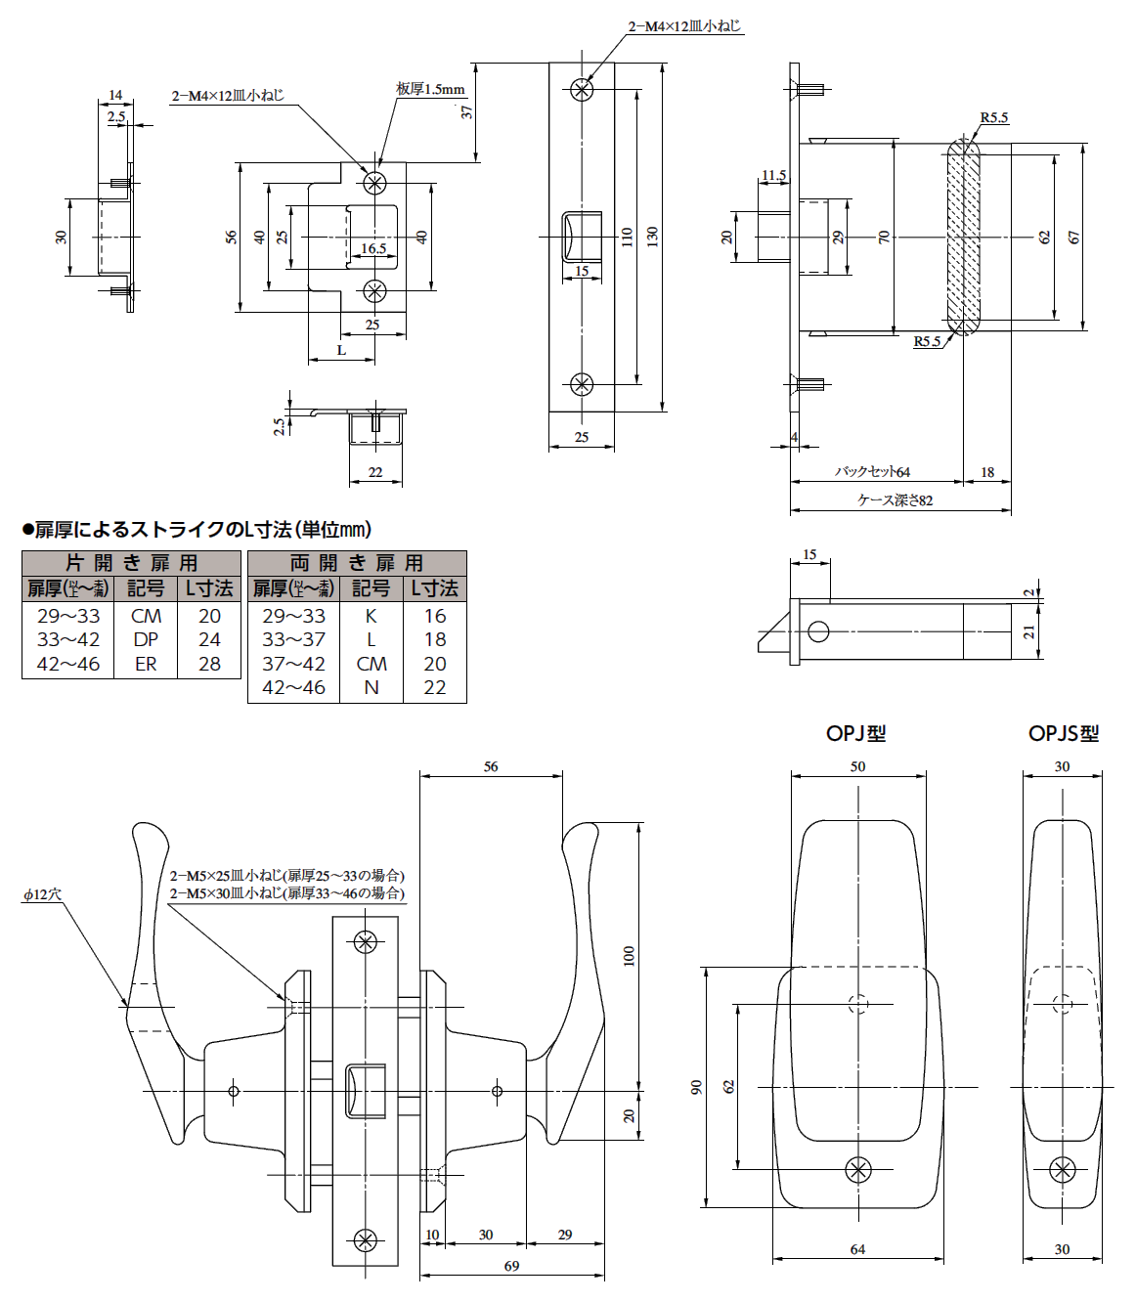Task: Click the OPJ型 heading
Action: [x=855, y=733]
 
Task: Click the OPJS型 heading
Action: [x=1063, y=733]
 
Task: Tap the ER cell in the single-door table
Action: [x=146, y=664]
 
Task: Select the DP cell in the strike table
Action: [x=146, y=639]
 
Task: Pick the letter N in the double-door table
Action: [x=371, y=687]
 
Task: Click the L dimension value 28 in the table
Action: [x=209, y=664]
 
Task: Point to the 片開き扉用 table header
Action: [x=131, y=563]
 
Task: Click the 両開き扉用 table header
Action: [x=357, y=563]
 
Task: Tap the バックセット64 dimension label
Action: [x=871, y=471]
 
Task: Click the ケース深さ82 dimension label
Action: [x=895, y=500]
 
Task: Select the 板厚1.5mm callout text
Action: [x=429, y=89]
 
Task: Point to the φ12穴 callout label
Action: [x=42, y=894]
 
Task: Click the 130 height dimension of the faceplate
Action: [x=652, y=236]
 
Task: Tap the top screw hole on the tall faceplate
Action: [x=582, y=90]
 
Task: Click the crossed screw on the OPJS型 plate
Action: [x=1062, y=1169]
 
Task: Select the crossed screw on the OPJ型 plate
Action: [x=858, y=1169]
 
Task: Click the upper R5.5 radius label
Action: [x=994, y=118]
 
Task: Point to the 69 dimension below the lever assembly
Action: [x=511, y=1266]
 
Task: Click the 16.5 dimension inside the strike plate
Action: [x=373, y=248]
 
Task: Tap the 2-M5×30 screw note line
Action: [x=286, y=893]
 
